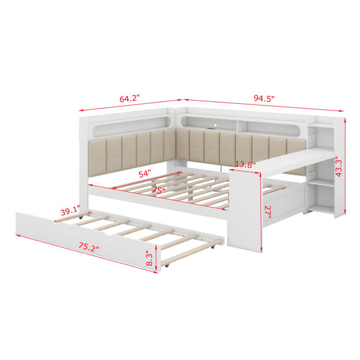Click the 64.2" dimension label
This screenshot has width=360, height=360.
point(130,99)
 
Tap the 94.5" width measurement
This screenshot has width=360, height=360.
point(264,98)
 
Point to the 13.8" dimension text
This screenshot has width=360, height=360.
point(245,164)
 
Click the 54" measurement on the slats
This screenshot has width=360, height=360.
point(145,174)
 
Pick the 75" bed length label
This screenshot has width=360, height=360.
point(159,190)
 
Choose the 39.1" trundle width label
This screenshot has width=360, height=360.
point(70,211)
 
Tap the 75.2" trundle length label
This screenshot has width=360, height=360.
point(89,247)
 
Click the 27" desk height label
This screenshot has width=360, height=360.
point(268,212)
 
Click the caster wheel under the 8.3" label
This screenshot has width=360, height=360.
point(166,265)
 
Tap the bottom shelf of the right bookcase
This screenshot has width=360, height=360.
point(320,210)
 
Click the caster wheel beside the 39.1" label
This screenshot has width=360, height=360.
point(80,217)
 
